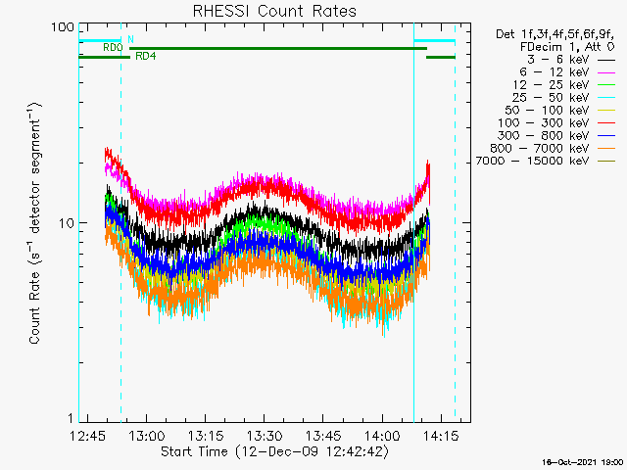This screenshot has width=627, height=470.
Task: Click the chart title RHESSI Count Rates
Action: point(274,11)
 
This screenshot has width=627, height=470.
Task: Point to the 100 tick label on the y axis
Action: point(63,27)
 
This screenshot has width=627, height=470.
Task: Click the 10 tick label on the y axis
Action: point(67,223)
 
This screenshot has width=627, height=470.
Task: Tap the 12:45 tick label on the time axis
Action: point(88,435)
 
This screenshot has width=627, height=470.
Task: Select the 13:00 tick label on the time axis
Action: point(147,435)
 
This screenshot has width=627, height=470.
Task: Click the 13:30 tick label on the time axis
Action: point(264,435)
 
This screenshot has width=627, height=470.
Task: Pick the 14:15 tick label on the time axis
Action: point(441,435)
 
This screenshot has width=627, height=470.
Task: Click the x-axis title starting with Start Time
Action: point(274,451)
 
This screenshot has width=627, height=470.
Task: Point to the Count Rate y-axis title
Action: point(35,223)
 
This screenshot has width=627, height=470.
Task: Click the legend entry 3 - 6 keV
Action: point(557,60)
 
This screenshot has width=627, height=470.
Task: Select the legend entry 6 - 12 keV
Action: point(555,72)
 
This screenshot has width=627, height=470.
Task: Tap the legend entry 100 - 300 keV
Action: point(543,123)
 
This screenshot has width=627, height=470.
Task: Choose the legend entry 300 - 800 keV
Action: point(543,136)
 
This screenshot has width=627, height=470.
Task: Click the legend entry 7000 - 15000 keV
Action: point(532,161)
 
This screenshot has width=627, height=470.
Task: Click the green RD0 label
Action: point(113,48)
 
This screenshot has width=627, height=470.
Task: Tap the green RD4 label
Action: point(146,57)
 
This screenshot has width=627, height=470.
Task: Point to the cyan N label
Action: point(130,39)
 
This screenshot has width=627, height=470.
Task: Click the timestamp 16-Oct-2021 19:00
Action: point(582,462)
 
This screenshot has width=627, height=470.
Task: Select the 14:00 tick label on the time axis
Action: point(382,435)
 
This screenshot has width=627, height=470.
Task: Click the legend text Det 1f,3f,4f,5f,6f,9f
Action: point(555,35)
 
